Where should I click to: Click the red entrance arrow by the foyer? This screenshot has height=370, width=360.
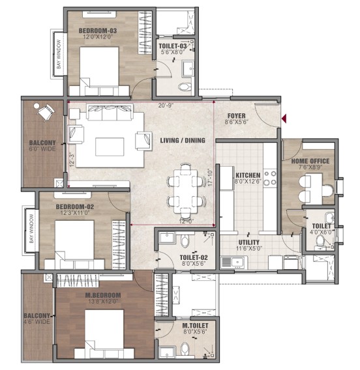(284, 118)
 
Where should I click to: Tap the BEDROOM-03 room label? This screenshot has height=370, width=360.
(98, 31)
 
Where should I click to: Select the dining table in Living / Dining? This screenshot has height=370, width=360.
(186, 192)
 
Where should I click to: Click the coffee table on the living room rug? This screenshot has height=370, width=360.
(110, 147)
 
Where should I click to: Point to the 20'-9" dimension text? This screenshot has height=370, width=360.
(166, 106)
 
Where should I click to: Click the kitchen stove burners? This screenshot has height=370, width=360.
(270, 178)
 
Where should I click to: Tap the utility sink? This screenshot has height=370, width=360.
(234, 262)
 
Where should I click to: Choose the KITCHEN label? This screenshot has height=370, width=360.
(248, 175)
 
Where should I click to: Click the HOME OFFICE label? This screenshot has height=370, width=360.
(310, 161)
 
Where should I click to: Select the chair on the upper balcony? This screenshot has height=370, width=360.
(46, 112)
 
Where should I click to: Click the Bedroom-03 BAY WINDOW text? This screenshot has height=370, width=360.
(59, 54)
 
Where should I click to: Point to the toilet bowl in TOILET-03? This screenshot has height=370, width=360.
(185, 87)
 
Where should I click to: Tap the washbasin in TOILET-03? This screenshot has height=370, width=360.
(188, 68)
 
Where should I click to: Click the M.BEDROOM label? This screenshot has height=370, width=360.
(103, 295)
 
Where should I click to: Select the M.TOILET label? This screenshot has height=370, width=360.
(195, 326)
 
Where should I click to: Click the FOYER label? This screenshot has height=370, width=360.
(237, 116)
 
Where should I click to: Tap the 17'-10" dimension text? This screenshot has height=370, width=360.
(210, 177)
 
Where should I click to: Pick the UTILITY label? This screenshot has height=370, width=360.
(248, 242)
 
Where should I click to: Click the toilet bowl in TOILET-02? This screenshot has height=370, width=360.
(185, 240)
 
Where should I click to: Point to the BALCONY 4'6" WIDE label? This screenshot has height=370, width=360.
(37, 319)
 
